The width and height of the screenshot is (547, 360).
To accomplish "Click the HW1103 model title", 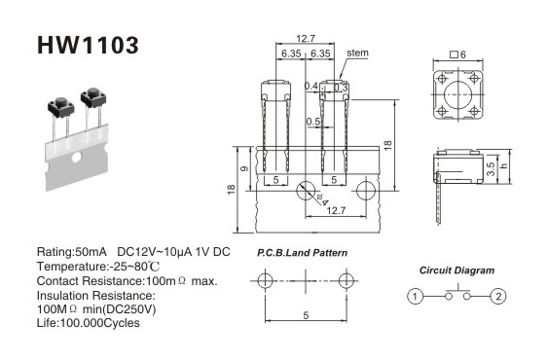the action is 88,46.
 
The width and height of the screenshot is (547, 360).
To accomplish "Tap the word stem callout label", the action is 357,53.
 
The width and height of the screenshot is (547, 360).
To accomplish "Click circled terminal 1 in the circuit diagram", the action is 416,297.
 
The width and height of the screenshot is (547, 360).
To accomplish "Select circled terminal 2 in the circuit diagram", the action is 498,297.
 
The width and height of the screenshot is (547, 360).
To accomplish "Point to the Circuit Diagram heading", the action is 456,270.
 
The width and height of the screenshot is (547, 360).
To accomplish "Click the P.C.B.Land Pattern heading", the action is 302,253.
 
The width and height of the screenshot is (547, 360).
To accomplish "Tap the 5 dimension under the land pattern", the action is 306,315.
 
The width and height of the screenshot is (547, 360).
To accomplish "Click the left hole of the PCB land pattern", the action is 265,280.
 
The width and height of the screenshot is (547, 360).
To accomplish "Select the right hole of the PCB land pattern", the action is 346,280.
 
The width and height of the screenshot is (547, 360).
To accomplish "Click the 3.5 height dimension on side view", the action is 491,169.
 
